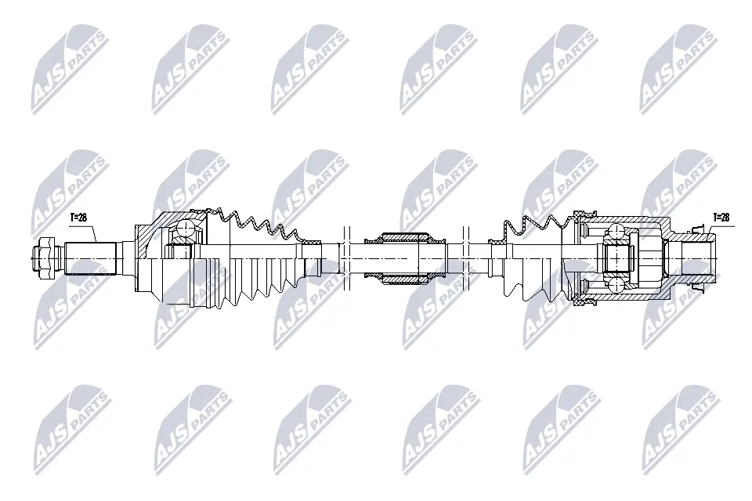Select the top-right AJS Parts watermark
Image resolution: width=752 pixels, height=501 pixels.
pyautogui.click(x=678, y=69)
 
